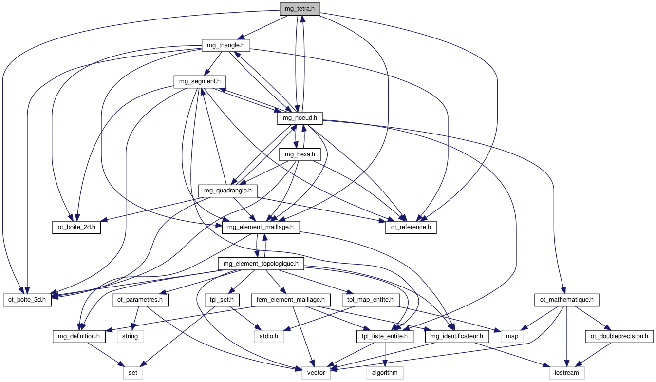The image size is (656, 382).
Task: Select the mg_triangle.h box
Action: tap(226, 46)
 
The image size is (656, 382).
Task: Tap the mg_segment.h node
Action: tap(200, 81)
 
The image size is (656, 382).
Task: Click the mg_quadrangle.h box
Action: tap(228, 191)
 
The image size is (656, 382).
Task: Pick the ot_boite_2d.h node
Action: tap(76, 227)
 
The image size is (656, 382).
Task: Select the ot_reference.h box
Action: tap(411, 227)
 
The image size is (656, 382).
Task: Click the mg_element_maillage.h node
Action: tap(261, 227)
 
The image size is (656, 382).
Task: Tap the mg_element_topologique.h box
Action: tap(261, 264)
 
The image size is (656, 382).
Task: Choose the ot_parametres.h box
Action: tap(140, 299)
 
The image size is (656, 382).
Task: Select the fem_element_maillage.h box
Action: tap(291, 299)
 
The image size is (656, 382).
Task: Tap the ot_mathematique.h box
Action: tap(566, 299)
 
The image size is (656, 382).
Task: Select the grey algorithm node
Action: tap(385, 373)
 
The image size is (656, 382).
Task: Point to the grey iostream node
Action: tap(566, 373)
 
